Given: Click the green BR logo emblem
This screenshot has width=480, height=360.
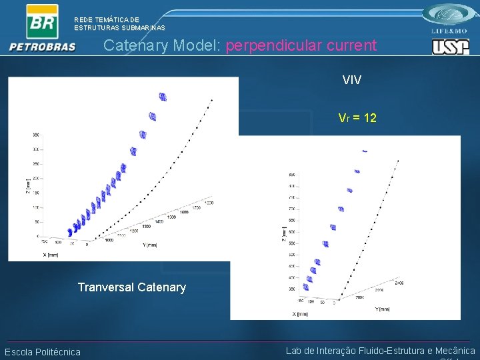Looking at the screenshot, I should click(41, 22).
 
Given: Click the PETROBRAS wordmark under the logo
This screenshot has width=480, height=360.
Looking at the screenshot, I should click(43, 47).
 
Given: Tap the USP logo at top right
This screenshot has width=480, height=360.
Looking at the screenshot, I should click(450, 47).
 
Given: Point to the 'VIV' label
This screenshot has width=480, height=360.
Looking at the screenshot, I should click(352, 80).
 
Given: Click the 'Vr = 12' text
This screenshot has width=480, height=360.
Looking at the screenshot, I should click(357, 118).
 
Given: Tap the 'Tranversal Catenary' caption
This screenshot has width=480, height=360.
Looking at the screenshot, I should click(132, 287).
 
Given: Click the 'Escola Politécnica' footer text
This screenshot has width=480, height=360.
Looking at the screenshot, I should click(43, 352).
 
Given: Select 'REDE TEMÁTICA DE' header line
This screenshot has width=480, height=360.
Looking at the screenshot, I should click(107, 20).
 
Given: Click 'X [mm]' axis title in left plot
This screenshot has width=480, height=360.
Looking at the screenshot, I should click(50, 254).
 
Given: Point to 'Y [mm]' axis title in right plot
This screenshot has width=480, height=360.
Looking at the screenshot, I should click(383, 309).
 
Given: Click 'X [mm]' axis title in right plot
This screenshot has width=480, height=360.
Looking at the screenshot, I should click(303, 313).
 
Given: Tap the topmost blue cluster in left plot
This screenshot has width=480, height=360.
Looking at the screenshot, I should click(163, 97).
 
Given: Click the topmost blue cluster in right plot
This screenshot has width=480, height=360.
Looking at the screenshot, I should click(365, 151).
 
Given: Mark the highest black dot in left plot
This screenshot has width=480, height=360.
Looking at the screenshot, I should click(211, 100).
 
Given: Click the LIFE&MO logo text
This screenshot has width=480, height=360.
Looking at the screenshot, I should click(450, 31).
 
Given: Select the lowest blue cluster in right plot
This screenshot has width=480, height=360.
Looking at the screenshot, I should click(306, 287).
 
